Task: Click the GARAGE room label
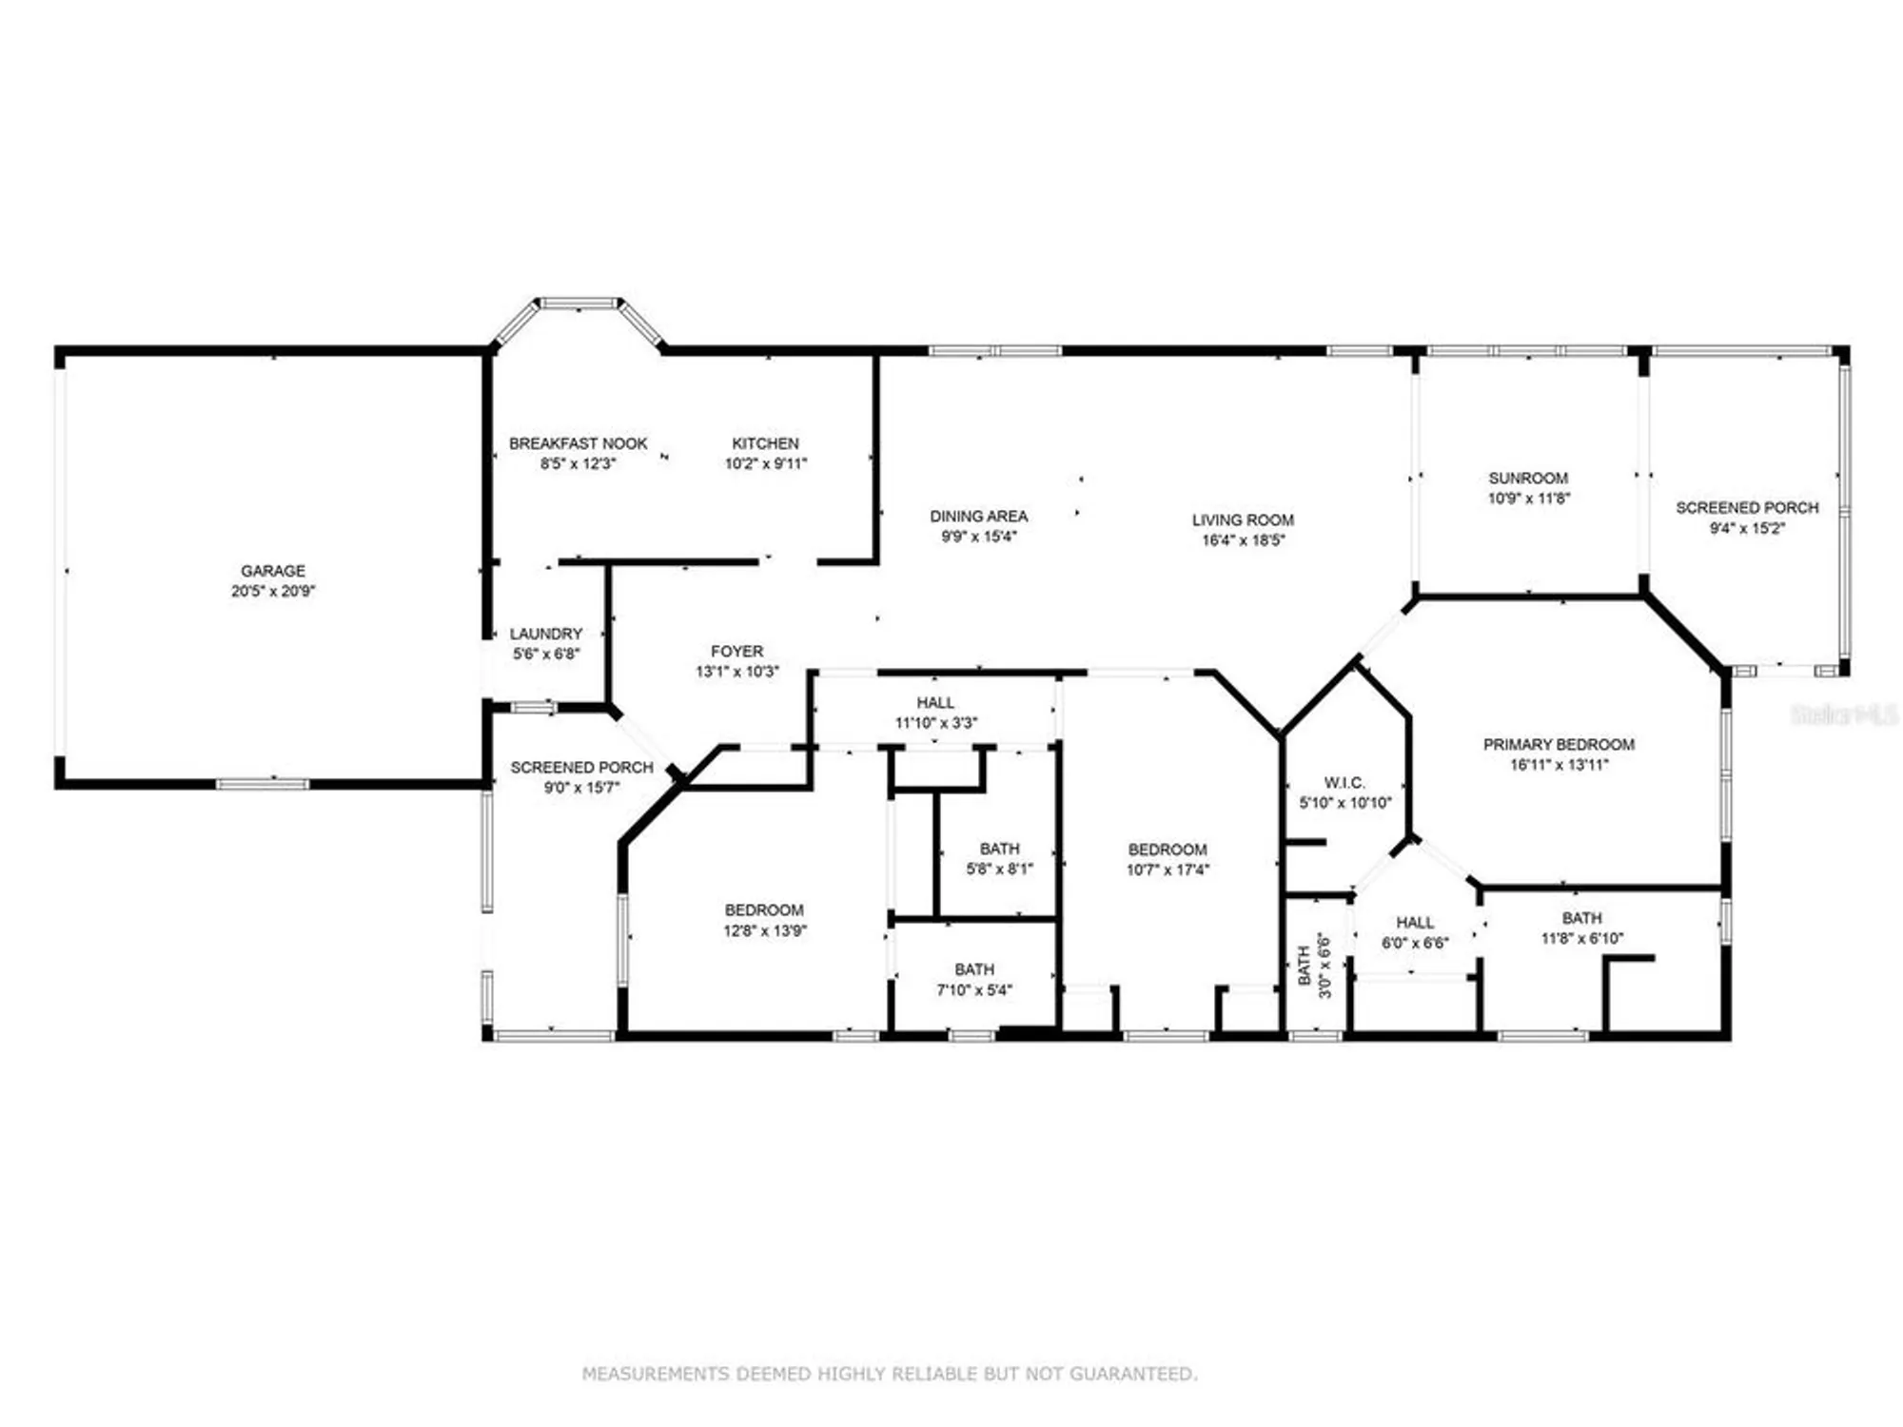click(x=273, y=571)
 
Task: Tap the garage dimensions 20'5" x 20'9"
click(x=273, y=591)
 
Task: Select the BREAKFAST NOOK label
click(x=578, y=443)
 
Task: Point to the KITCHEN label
click(x=765, y=443)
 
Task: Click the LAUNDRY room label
click(x=545, y=634)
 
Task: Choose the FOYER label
click(x=736, y=652)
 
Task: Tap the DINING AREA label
click(x=978, y=517)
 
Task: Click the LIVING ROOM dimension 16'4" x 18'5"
click(x=1243, y=540)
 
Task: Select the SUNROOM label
click(x=1528, y=479)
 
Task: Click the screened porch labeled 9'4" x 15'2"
click(x=1747, y=518)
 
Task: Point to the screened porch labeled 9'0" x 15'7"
click(x=581, y=777)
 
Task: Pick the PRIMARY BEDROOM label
click(x=1559, y=745)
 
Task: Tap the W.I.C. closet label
click(x=1344, y=783)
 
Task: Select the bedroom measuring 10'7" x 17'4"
click(x=1167, y=860)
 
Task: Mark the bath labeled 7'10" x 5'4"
click(x=974, y=980)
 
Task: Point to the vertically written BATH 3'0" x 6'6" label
click(x=1313, y=965)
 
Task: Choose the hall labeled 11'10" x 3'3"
click(x=935, y=713)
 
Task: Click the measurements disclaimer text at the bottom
click(x=890, y=1374)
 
